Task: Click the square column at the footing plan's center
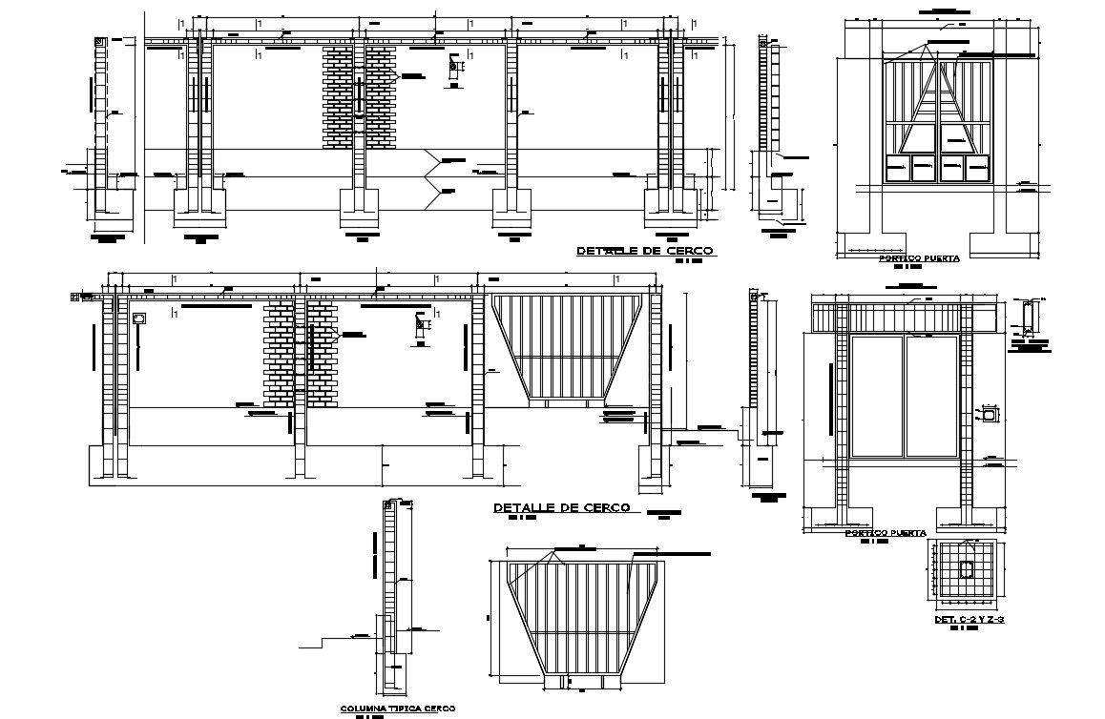pyautogui.click(x=967, y=569)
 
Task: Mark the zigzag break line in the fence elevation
pyautogui.click(x=433, y=174)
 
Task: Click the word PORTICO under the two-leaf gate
pyautogui.click(x=864, y=533)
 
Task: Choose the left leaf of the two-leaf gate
pyautogui.click(x=877, y=396)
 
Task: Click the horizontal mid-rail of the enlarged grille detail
pyautogui.click(x=583, y=632)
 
